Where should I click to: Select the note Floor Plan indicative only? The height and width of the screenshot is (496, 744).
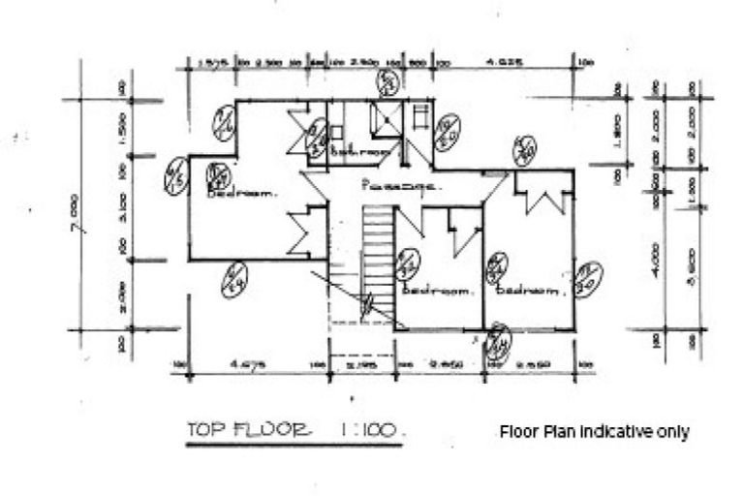(x=594, y=431)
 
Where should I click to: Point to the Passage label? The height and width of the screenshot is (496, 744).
(x=400, y=184)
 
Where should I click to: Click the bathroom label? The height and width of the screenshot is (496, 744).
(x=358, y=153)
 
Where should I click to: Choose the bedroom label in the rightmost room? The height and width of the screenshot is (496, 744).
(x=530, y=290)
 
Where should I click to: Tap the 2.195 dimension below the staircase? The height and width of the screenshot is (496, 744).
(x=359, y=365)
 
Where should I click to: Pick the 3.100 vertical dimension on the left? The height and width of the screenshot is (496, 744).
(x=126, y=207)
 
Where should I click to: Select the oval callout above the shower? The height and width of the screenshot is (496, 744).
(x=389, y=82)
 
